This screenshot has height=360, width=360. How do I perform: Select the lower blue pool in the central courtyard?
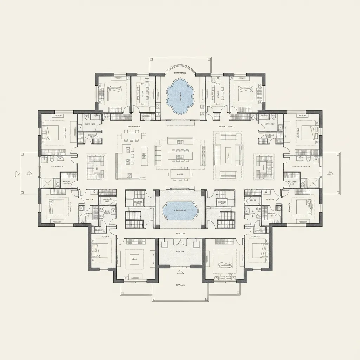tap(180, 210)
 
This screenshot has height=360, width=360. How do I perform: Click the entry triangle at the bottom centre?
tap(180, 271)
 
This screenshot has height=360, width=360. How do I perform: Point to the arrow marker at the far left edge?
tap(16, 173)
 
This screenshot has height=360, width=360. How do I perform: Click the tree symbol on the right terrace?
tap(330, 173)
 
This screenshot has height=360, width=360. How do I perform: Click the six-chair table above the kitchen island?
tap(131, 135)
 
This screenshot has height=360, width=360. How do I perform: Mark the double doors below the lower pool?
tap(180, 242)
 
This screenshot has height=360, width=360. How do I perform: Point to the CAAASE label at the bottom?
tap(180, 285)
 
